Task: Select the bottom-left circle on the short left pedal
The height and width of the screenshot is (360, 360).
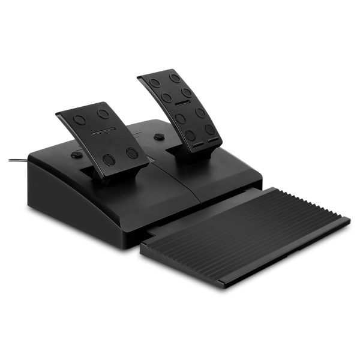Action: coord(110,158)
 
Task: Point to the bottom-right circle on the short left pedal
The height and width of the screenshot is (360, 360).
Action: coord(132,154)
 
